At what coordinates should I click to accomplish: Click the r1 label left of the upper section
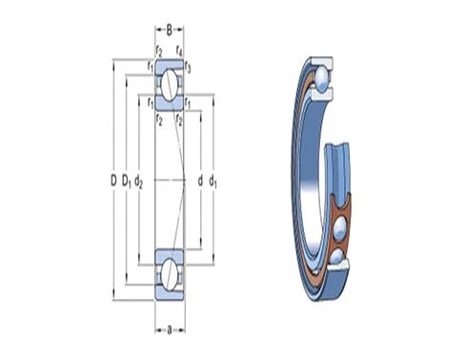click(151, 67)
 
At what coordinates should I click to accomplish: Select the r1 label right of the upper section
click(189, 102)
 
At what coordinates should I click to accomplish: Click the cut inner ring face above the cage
click(337, 157)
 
